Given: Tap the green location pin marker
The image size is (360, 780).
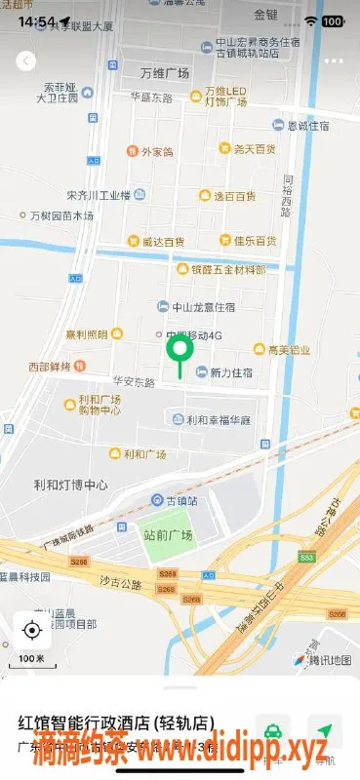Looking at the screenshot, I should (x=179, y=351).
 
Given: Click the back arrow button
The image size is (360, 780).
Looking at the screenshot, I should (x=26, y=61).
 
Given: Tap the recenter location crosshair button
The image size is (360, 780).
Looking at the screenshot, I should (x=32, y=630).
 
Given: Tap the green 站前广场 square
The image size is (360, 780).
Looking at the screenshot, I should (x=167, y=543).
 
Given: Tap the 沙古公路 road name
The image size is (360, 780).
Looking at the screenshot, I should (x=121, y=581).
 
